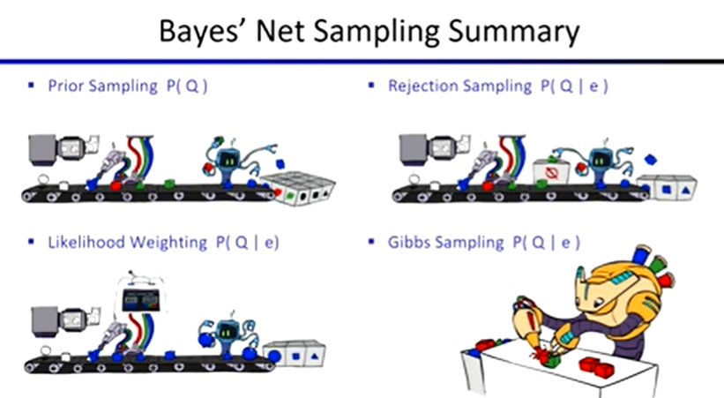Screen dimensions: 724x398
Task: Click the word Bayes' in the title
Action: (202, 33)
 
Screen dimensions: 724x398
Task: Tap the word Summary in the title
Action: (514, 33)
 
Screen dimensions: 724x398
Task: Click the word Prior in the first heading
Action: (65, 86)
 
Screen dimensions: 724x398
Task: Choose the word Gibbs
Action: (407, 242)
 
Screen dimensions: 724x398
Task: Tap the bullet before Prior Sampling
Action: (31, 85)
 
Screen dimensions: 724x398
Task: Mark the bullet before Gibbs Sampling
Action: (370, 241)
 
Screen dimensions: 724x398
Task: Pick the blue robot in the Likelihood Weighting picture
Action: (227, 334)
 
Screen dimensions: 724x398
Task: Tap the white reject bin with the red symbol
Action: (551, 172)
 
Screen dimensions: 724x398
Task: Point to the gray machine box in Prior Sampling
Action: (42, 150)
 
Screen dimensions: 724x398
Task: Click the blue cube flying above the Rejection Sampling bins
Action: (650, 160)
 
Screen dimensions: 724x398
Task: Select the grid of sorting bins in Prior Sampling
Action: (299, 187)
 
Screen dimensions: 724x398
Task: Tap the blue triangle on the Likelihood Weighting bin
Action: (315, 356)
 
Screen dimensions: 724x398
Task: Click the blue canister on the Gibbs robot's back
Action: (642, 255)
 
